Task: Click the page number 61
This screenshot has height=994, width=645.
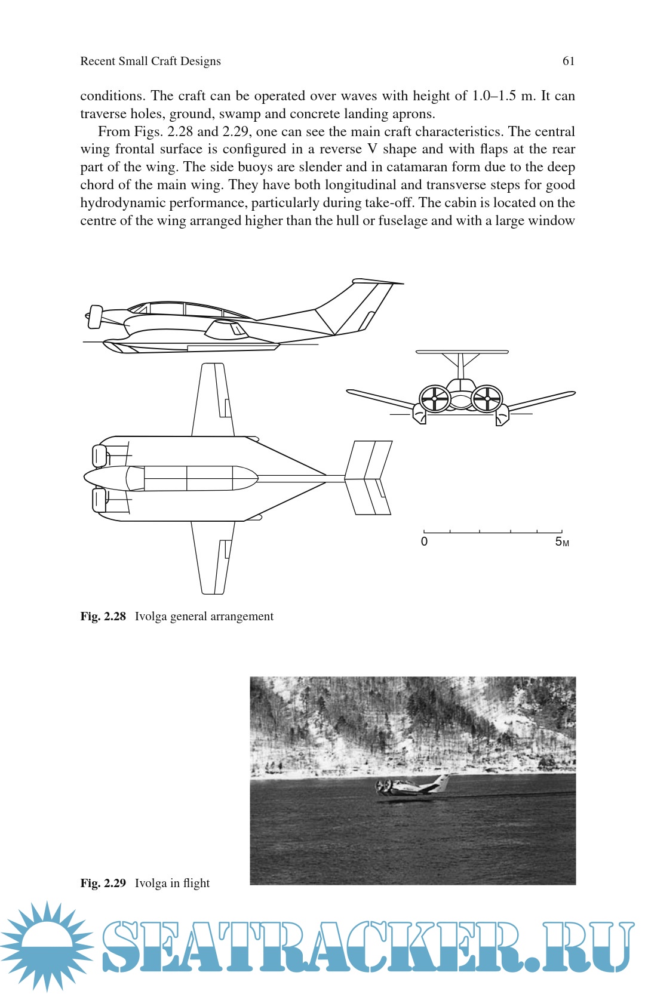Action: (x=569, y=61)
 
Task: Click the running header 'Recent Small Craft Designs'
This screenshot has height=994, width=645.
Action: (x=150, y=61)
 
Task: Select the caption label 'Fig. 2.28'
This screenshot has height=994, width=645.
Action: (x=103, y=616)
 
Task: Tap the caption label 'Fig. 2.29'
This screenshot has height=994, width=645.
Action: (x=103, y=883)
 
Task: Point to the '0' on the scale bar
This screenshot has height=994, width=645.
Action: (x=424, y=541)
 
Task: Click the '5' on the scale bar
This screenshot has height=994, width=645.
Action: (x=559, y=541)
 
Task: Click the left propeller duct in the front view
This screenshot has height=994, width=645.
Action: (x=435, y=399)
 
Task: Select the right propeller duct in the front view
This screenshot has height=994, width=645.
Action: (x=487, y=399)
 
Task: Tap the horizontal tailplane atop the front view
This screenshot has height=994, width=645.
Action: (x=462, y=352)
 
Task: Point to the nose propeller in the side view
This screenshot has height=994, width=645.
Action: (x=94, y=316)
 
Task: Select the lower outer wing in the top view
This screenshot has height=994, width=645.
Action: (x=213, y=558)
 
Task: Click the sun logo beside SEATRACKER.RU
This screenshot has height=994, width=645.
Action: (x=47, y=946)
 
